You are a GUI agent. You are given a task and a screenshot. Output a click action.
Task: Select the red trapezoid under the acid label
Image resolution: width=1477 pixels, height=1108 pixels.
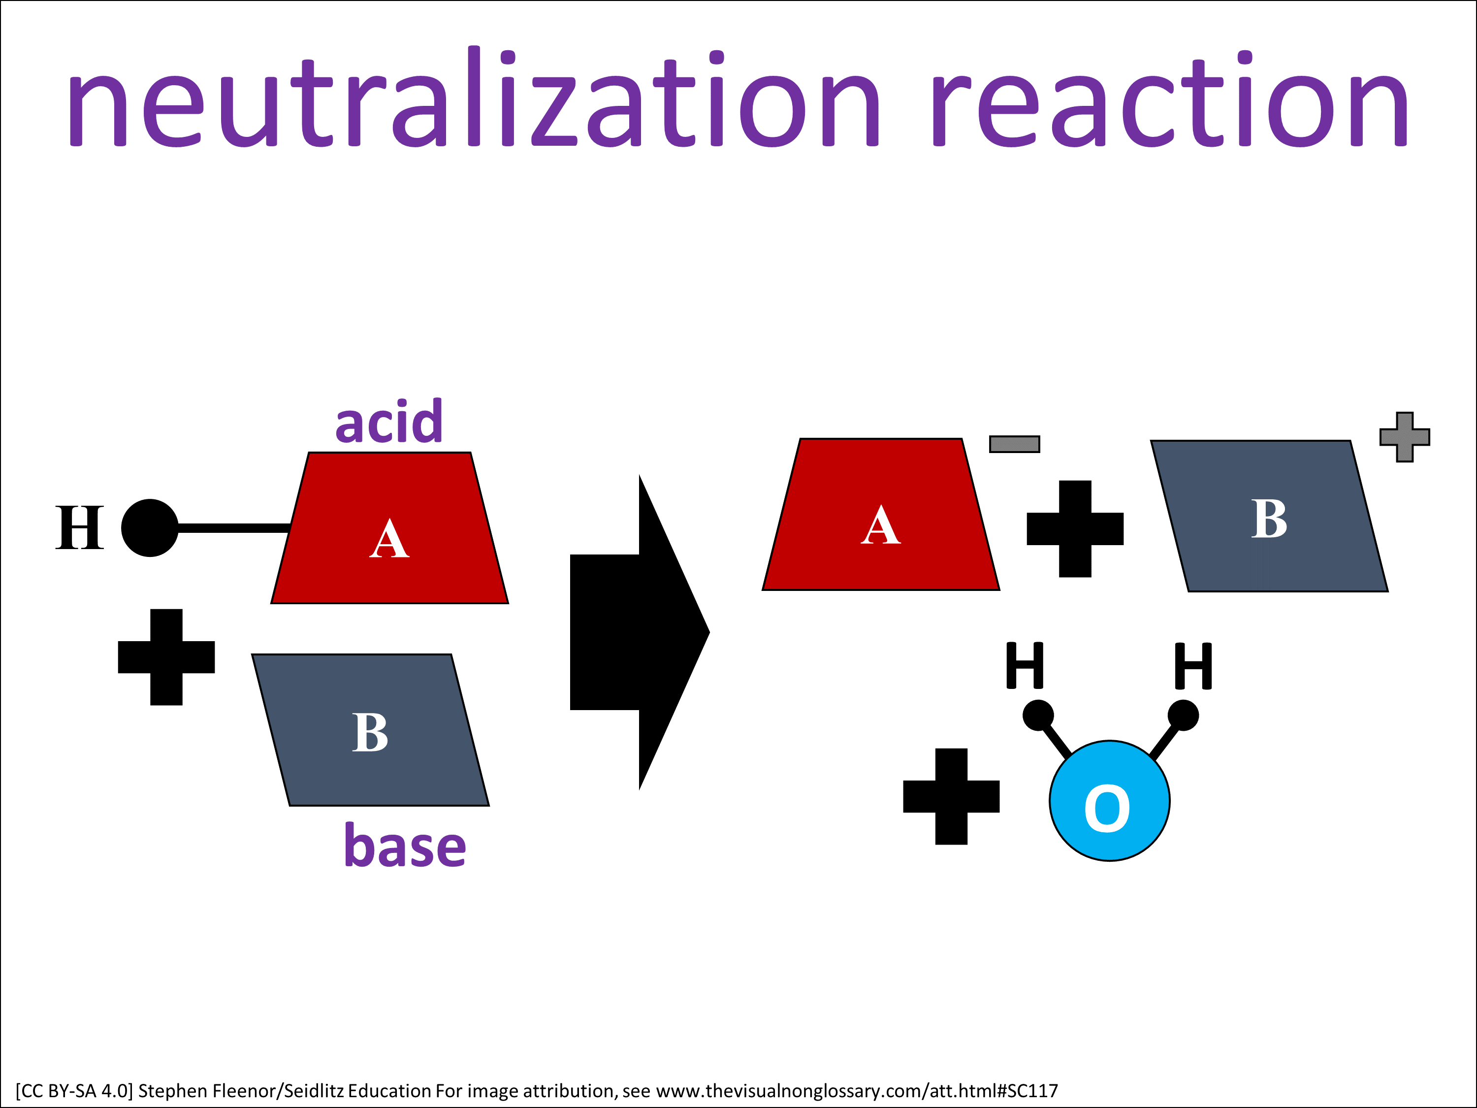pos(389,527)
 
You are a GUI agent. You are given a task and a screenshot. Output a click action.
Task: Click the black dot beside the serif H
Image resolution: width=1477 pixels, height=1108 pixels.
pos(150,527)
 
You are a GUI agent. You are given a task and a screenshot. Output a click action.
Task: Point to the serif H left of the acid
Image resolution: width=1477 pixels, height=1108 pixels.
pos(79,527)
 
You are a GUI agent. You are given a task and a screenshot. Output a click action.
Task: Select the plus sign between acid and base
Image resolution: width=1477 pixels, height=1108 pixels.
pos(166,657)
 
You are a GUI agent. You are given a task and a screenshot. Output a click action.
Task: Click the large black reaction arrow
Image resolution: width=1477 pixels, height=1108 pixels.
pos(640,632)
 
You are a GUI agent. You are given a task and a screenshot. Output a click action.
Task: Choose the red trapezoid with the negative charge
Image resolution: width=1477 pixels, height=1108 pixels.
pos(881,514)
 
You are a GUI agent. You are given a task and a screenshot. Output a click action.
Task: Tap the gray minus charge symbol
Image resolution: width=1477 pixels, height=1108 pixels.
pos(1014,444)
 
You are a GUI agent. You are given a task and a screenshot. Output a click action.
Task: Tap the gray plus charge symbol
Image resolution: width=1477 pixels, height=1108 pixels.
pos(1405,437)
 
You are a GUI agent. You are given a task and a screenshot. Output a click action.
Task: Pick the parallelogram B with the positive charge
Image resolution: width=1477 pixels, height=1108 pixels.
pos(1269,516)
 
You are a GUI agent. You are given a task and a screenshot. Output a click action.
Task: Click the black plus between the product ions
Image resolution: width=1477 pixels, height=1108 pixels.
pos(1075,529)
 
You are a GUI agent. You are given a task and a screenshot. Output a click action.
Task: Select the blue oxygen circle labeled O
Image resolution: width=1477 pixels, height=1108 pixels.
pos(1110,801)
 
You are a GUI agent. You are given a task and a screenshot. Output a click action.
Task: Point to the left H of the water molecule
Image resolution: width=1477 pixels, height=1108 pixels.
pos(1025,665)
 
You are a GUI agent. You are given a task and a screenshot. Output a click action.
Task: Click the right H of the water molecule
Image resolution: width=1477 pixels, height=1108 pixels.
pos(1193,666)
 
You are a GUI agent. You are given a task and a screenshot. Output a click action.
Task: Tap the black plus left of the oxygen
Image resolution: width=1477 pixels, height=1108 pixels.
pos(952,797)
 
